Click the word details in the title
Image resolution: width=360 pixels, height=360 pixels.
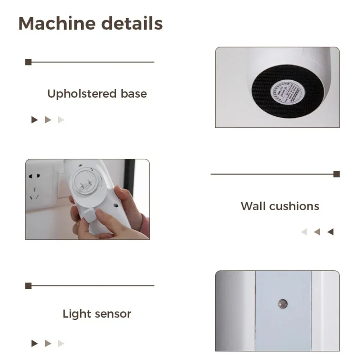point(132,24)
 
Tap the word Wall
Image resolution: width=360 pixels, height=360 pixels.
point(253,206)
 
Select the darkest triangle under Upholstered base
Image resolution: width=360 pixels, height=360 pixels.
point(35,120)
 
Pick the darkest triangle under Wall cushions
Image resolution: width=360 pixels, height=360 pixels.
point(330,232)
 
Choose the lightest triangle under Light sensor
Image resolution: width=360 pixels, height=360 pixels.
point(61,343)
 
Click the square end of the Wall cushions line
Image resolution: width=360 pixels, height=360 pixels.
point(337,174)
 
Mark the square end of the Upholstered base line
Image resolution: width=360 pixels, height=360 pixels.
point(28,62)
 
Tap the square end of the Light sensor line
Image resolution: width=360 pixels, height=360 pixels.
point(28,286)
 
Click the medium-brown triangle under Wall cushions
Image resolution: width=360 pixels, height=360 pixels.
point(317,232)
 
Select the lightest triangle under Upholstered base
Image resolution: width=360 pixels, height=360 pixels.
point(61,120)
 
